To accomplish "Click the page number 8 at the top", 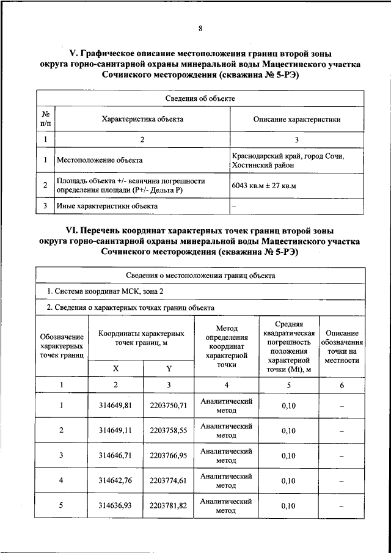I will pos(200,27).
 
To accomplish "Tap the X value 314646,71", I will pos(116,455).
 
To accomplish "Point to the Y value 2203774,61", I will pos(169,481).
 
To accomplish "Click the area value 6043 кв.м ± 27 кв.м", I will pos(264,186).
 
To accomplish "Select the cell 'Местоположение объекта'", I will pos(100,161).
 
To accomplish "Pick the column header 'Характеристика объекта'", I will pos(142,119).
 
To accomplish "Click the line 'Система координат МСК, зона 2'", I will pos(105,291).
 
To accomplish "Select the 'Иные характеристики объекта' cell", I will pos(107,206).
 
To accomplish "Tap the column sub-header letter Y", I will pos(169,368).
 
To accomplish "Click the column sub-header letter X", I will pos(116,368).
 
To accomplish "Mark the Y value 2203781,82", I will pos(169,506).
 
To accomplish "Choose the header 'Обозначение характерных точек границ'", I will pos(62,346).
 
